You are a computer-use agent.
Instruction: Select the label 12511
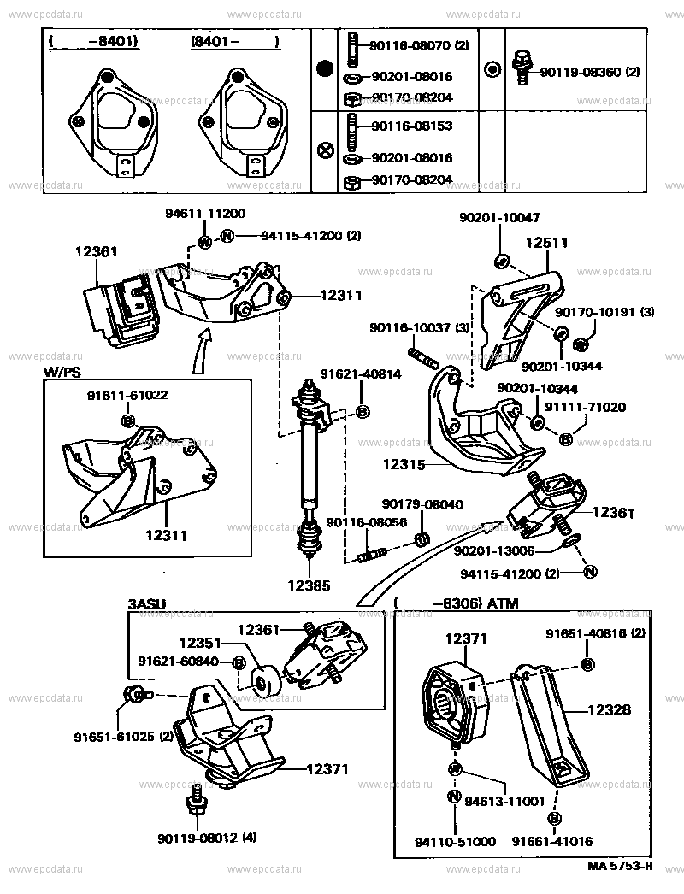[x=546, y=244]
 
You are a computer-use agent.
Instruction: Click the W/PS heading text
[x=62, y=373]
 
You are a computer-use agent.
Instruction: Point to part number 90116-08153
[x=411, y=126]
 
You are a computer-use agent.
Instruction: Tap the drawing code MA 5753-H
[x=620, y=865]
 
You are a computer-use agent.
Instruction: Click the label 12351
[x=200, y=642]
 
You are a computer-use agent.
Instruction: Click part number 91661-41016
[x=552, y=841]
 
